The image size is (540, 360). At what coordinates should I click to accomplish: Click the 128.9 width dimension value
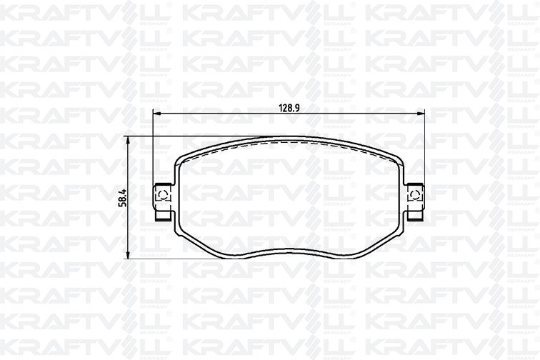[x=289, y=108]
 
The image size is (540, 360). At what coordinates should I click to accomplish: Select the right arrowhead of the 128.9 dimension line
[x=421, y=115]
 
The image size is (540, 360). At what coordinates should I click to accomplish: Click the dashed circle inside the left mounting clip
[x=162, y=194]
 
